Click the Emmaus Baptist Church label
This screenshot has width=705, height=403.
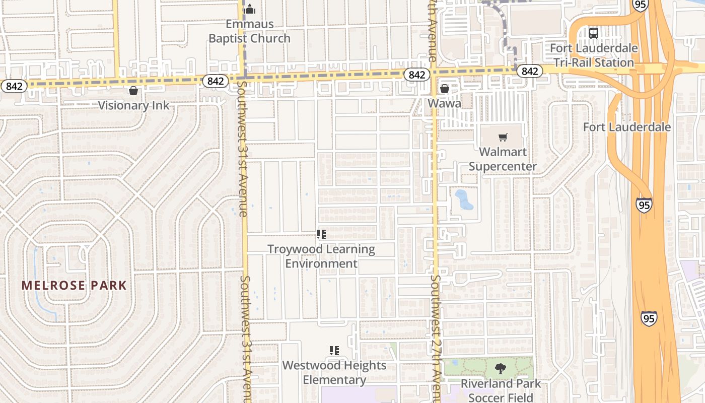pos(249,31)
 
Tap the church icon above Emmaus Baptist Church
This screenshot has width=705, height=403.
pos(250,9)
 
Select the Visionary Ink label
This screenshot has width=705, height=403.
pos(133,105)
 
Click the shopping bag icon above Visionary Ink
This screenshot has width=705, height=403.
pos(133,91)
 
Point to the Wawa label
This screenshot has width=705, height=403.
pos(444,103)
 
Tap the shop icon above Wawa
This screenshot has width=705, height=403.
pos(444,89)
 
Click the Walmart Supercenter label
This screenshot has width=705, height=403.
pos(503,159)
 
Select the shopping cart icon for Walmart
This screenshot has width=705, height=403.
pos(503,137)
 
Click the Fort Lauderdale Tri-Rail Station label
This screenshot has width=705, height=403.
pos(594,55)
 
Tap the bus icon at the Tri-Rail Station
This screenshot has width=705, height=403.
pos(594,33)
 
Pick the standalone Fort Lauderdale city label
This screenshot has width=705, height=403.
pos(626,126)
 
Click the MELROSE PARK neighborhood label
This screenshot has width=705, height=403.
pos(74,286)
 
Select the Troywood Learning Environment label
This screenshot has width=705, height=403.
pos(321,256)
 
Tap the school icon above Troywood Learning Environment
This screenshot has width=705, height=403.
pos(321,234)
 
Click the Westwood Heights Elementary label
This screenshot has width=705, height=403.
pos(334,372)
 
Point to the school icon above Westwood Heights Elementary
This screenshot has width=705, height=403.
pos(334,350)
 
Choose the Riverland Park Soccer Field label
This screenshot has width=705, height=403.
pos(501,390)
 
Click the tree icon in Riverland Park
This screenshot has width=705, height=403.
pos(501,368)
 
